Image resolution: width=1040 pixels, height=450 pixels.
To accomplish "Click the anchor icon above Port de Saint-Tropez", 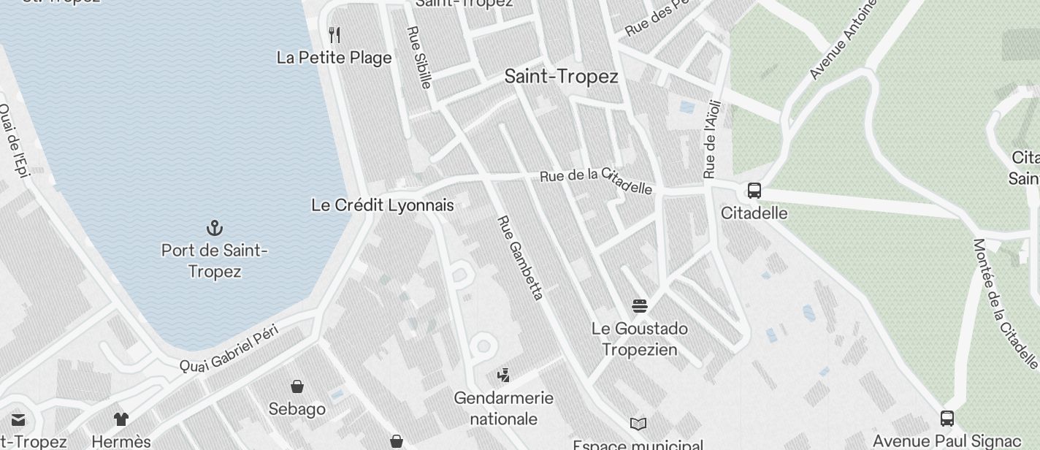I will pos(215,228).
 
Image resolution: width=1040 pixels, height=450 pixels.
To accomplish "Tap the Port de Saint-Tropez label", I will pos(215,261).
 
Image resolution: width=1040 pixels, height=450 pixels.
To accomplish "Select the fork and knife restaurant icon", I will pos(334,34).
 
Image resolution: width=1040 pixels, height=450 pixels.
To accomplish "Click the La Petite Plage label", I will pos(334,58).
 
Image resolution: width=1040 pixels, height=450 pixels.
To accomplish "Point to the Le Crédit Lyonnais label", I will pos(383,205).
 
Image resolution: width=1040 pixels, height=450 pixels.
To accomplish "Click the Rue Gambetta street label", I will pos(521,257).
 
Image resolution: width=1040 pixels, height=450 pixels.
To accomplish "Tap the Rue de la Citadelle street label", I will pos(596,181).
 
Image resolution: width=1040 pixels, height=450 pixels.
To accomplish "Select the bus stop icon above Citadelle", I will pos(754,191).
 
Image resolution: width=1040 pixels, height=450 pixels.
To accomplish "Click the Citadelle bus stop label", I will pos(754,213).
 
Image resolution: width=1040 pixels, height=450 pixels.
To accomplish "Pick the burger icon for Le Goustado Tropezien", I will pos(640,305).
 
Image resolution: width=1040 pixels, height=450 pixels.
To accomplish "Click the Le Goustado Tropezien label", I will pos(640,339).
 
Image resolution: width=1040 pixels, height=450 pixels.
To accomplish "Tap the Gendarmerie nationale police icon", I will pos(502,375).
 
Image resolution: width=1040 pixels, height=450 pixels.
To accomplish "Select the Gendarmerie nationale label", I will pos(504,408).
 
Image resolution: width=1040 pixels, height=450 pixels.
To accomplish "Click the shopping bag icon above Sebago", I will pos(297,386).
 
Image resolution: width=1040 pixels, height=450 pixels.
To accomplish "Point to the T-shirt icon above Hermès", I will pos(121,419).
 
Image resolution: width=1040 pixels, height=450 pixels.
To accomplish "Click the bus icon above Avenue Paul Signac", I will pos(947,419).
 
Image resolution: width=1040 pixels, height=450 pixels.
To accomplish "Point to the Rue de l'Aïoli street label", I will pos(711,139).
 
